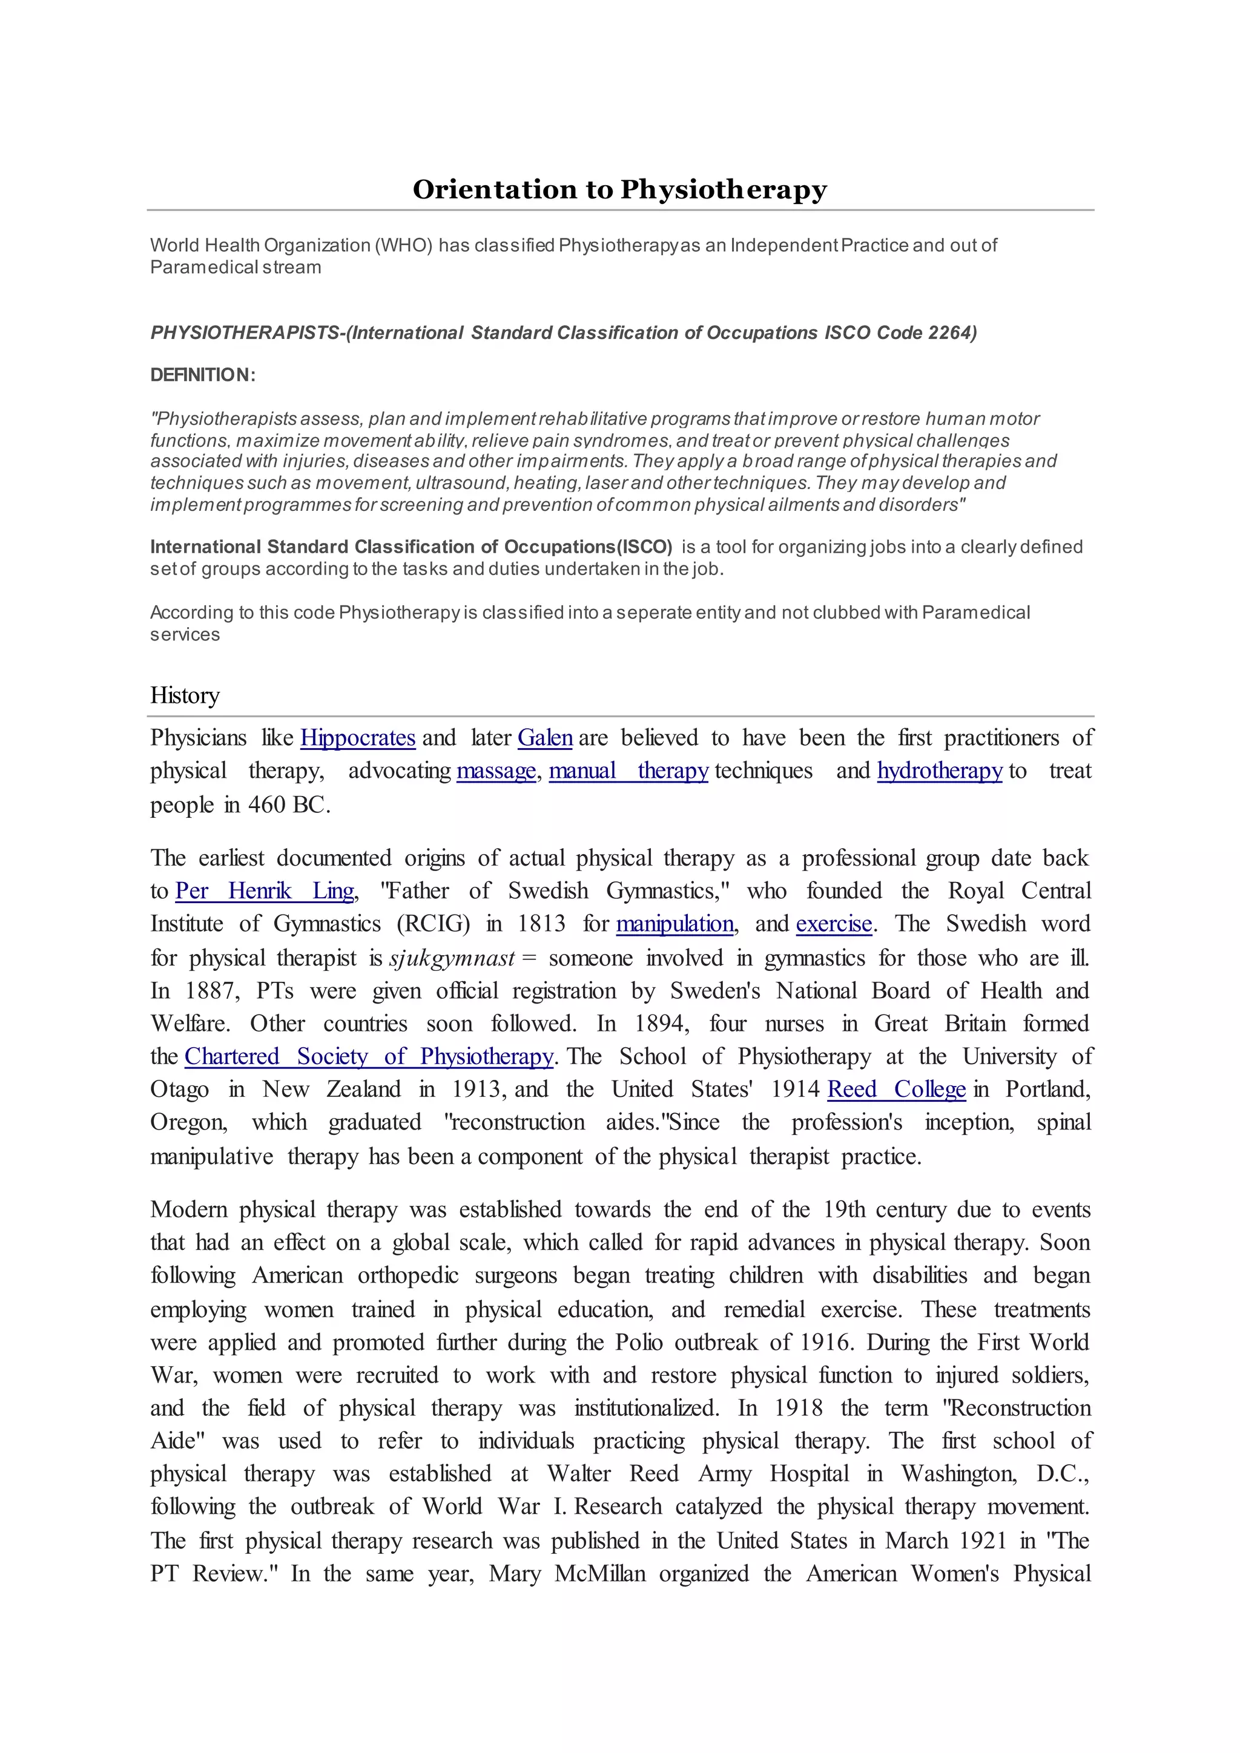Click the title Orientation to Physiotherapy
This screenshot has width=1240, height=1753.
point(619,189)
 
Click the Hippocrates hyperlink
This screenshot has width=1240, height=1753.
point(357,738)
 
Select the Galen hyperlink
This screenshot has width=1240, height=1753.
point(544,738)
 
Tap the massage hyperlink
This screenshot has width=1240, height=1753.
point(496,771)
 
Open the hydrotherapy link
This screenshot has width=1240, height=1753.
point(939,771)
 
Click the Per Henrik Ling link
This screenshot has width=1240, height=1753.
point(264,891)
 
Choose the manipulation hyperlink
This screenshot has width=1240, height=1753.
point(675,924)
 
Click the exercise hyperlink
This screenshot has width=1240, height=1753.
point(834,924)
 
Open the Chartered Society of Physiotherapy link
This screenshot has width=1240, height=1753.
point(369,1057)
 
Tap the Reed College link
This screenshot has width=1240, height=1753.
point(897,1090)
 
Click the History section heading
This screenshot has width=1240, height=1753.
point(185,696)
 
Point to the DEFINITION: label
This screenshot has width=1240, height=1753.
point(202,375)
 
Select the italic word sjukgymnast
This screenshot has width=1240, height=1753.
point(452,958)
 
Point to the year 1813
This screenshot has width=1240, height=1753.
point(541,924)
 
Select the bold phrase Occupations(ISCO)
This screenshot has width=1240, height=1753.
point(589,547)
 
